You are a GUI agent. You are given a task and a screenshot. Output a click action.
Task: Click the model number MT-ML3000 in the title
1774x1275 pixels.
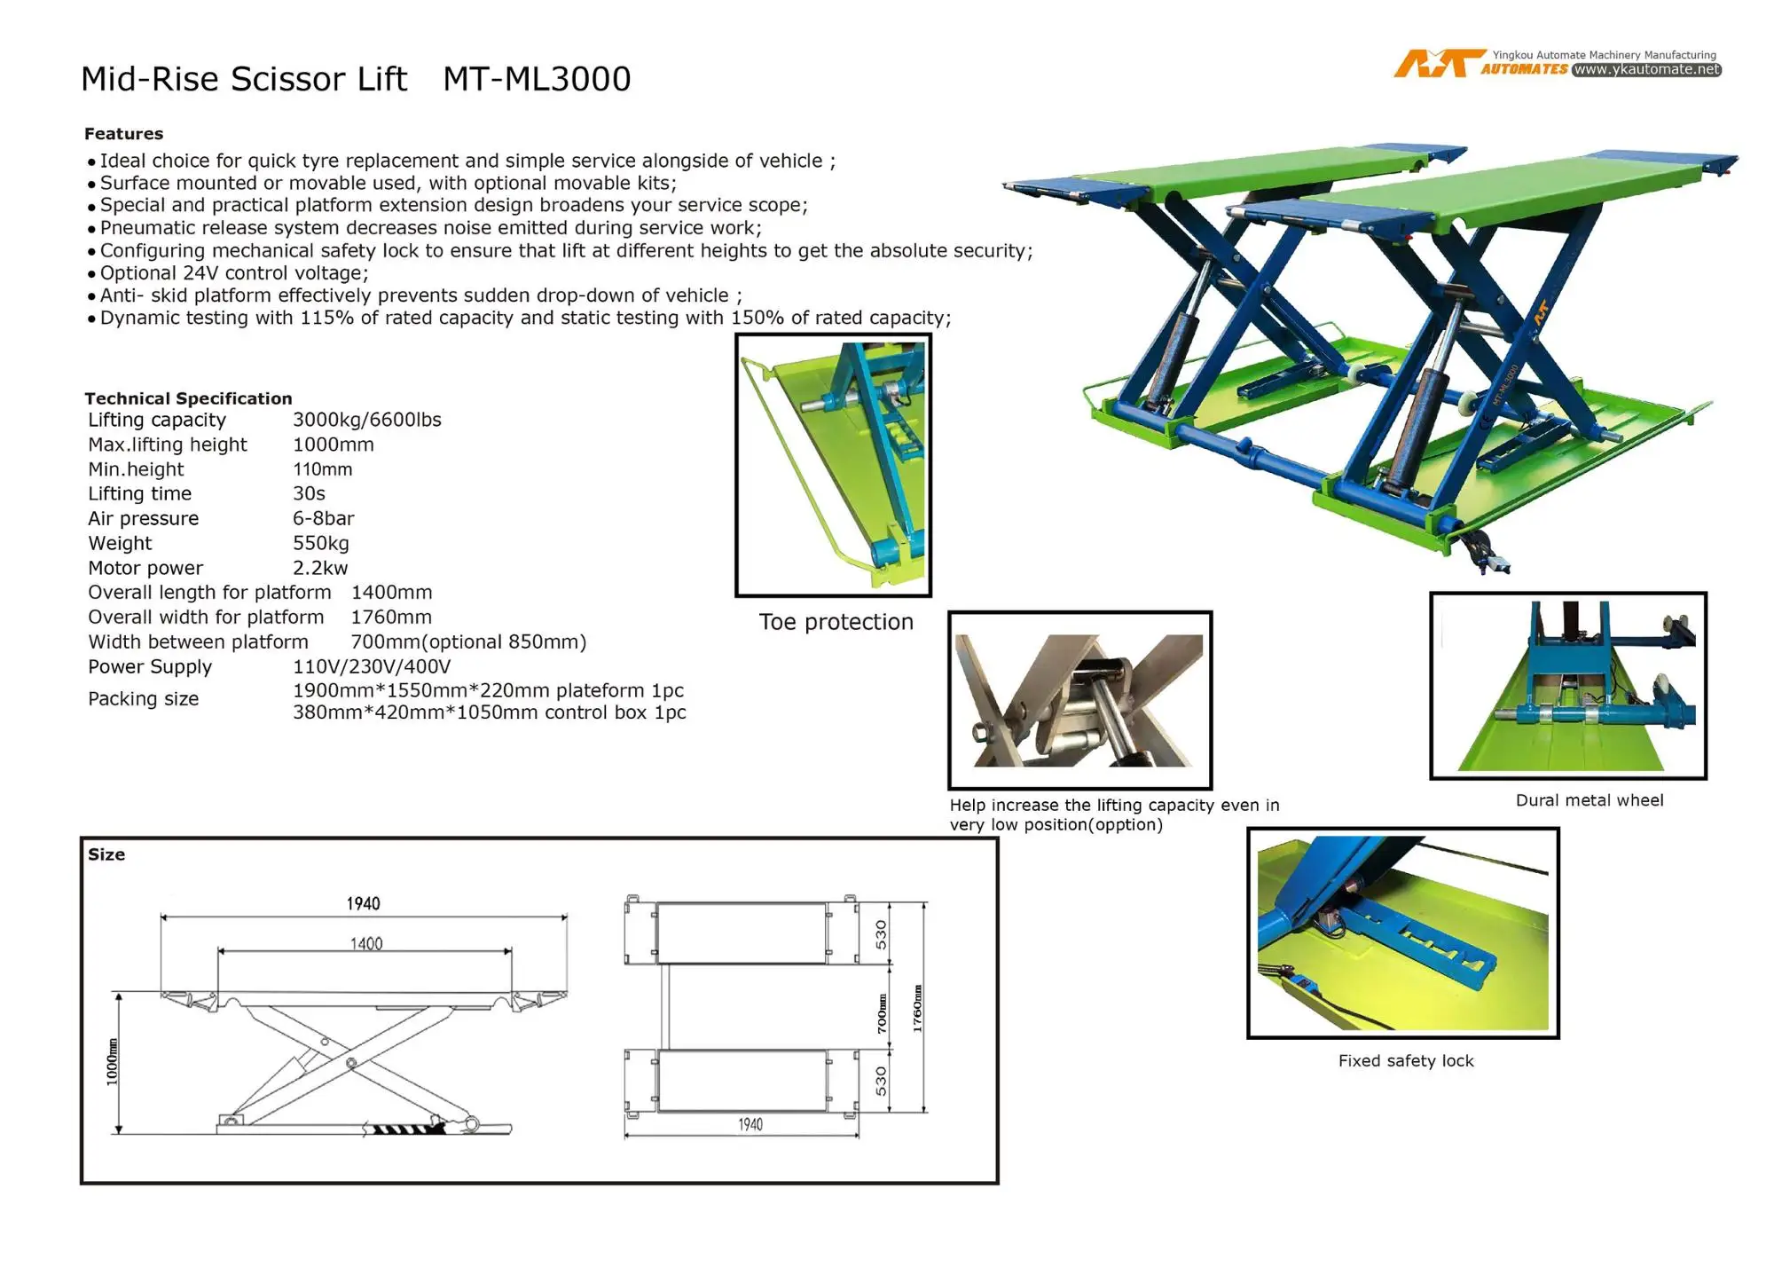pos(537,79)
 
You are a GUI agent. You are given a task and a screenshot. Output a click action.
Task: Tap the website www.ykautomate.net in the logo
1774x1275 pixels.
pos(1646,69)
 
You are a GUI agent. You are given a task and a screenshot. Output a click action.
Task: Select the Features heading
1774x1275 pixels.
pos(123,134)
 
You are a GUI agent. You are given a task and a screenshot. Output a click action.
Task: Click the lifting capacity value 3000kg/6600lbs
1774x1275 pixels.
pos(366,420)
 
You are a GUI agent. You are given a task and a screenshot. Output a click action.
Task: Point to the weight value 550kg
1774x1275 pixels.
pos(320,543)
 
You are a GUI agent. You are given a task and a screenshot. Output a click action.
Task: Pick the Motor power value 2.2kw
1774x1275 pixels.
pos(320,568)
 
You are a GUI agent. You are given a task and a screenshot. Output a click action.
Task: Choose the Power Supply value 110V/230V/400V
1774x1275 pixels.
pos(372,666)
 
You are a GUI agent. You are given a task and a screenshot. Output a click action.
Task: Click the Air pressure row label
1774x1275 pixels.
pos(143,518)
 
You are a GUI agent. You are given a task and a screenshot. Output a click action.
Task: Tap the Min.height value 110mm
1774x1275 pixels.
pos(322,469)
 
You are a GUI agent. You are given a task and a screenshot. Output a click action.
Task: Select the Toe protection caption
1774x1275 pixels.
pos(836,622)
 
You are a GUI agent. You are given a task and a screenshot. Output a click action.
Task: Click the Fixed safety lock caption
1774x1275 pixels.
pos(1406,1060)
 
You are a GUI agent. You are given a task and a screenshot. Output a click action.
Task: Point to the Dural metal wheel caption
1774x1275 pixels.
pos(1590,800)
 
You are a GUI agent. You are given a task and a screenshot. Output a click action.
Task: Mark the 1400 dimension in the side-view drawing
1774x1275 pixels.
pos(366,943)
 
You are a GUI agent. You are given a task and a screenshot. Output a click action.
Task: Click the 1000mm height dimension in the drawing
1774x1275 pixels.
pos(112,1061)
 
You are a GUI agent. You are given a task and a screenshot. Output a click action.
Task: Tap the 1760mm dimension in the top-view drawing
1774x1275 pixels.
pos(917,1009)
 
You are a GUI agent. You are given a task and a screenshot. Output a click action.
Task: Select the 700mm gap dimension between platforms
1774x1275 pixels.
pos(882,1013)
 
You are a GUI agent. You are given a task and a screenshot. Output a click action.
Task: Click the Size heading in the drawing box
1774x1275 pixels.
pos(106,854)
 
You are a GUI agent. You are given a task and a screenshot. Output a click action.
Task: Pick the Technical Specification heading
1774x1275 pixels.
pos(188,398)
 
